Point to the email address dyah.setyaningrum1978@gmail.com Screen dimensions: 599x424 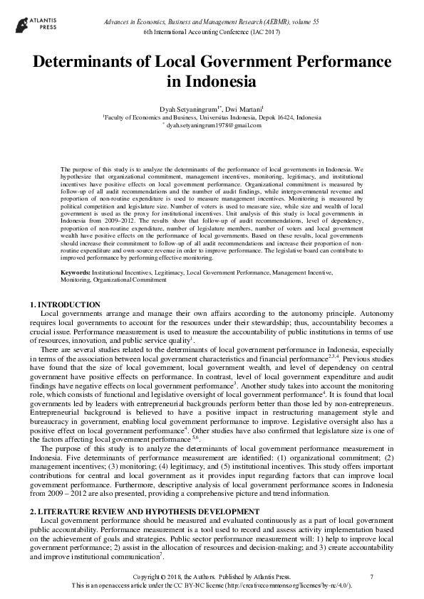pos(214,125)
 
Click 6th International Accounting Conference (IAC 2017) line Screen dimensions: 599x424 pos(212,33)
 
